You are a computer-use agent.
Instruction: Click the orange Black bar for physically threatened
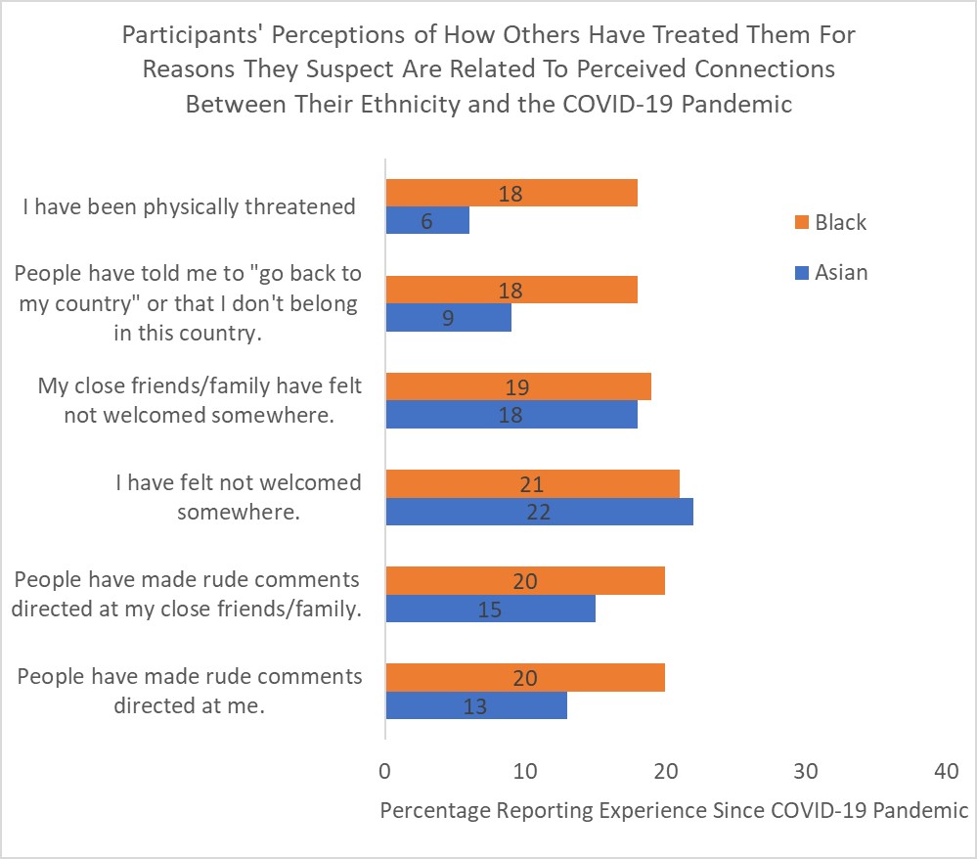(511, 193)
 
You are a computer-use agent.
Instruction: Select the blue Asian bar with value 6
(427, 221)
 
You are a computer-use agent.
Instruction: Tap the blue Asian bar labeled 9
(448, 317)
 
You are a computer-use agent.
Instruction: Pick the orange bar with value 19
(518, 386)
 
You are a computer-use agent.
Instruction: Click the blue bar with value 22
(539, 511)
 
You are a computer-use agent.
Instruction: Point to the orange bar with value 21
(532, 483)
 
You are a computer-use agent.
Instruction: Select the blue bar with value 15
(490, 608)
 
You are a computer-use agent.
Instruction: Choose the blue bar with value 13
(476, 704)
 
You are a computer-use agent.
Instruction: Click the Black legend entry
(839, 222)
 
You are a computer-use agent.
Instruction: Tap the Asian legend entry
(840, 272)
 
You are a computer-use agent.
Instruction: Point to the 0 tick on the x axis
(385, 772)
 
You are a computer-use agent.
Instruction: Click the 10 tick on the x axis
(525, 772)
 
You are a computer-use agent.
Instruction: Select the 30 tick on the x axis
(805, 772)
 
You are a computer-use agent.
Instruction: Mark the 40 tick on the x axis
(945, 772)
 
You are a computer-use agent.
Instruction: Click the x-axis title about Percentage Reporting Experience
(674, 810)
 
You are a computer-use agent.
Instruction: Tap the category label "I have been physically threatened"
(190, 206)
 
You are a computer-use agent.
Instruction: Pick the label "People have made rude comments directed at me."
(190, 691)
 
